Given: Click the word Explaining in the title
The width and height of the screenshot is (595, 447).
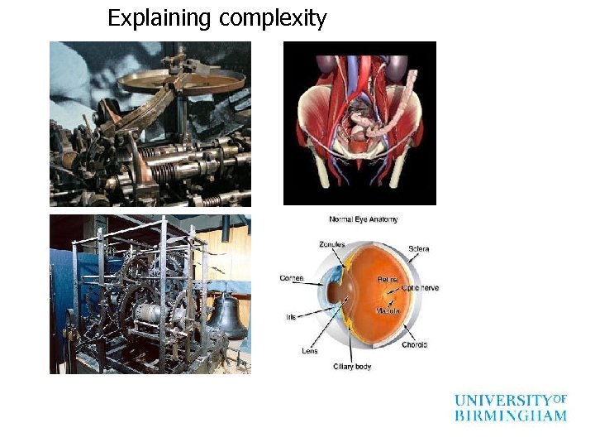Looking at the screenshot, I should (x=159, y=18).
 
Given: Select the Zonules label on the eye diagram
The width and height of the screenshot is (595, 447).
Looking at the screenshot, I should (x=332, y=244).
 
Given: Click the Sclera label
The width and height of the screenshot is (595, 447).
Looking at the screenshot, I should (x=418, y=249).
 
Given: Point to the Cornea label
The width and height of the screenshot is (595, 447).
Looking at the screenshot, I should (x=292, y=279).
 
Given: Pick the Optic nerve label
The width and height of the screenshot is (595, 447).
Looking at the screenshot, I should (x=421, y=287).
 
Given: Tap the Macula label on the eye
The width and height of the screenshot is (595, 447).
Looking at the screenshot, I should (x=388, y=310).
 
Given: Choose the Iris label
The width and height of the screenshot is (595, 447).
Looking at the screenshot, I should (x=292, y=316).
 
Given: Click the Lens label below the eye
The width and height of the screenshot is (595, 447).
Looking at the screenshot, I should (x=310, y=350).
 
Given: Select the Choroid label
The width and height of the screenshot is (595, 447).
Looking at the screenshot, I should (x=415, y=344).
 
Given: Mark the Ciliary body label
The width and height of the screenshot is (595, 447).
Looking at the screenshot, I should (x=352, y=366).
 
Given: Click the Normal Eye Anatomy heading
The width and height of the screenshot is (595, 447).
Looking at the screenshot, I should (x=364, y=219).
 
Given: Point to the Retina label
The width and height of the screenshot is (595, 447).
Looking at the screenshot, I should (x=388, y=280).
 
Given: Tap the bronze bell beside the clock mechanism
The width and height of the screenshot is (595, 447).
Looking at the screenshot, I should (x=225, y=315).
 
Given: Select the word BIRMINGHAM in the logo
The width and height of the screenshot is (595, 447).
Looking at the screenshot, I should (x=511, y=416).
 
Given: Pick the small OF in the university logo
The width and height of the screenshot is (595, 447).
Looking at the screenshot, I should (x=559, y=398).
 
